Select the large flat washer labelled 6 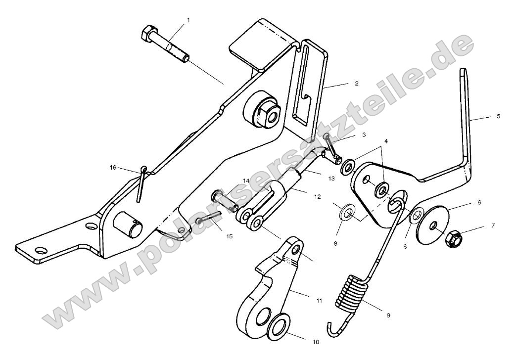pos(432,225)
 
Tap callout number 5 pos(498,116)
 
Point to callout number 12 pos(316,196)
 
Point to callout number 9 pos(388,315)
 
